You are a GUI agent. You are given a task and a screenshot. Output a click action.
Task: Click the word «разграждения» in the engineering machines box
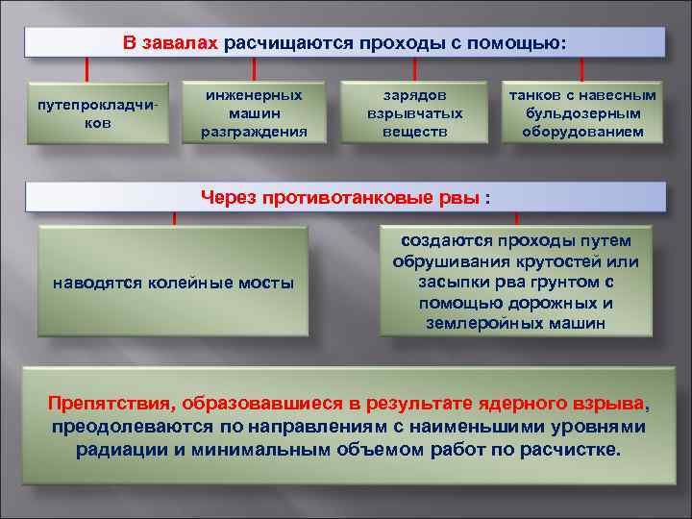254,132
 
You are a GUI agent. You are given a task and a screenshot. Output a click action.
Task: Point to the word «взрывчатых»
414,113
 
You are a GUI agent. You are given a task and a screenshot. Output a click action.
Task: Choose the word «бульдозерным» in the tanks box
582,113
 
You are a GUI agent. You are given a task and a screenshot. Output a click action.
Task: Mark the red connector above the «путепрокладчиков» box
88,69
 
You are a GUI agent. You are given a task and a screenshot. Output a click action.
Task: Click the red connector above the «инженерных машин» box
254,68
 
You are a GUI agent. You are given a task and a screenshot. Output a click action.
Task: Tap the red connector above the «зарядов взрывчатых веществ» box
414,68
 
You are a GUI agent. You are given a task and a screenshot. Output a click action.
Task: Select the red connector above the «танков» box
582,68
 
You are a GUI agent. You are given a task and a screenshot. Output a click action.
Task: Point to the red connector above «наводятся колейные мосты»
174,218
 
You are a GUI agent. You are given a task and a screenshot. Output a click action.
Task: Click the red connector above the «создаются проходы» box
516,218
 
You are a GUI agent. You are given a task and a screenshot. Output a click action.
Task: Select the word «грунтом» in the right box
558,283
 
